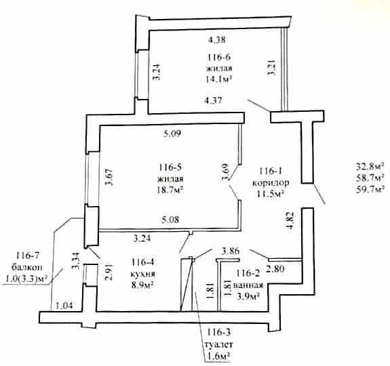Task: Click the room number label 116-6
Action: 219,57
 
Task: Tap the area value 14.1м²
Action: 219,79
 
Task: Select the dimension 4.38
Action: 217,40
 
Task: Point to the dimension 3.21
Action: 271,68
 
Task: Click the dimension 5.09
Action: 172,134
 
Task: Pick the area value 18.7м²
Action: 170,190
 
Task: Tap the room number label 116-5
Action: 170,167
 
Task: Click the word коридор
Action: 271,182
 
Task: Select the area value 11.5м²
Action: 271,193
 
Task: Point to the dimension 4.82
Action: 290,221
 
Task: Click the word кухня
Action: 142,274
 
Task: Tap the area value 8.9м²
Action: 142,284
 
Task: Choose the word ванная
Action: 248,285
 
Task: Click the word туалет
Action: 218,344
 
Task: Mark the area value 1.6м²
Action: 218,357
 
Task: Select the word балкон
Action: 27,267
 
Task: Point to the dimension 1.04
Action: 64,305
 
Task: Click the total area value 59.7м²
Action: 370,190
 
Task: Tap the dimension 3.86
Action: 231,251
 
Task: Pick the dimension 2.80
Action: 275,268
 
